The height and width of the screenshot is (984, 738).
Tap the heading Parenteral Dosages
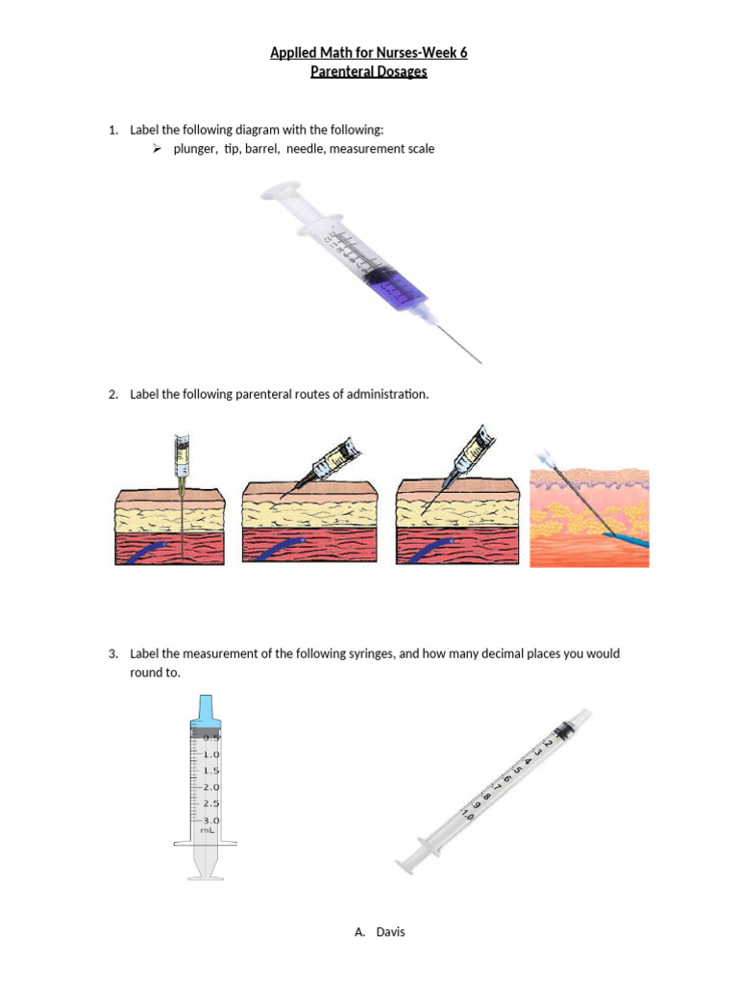click(369, 72)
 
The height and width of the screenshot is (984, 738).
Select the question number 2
click(112, 394)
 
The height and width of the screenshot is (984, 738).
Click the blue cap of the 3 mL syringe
click(207, 710)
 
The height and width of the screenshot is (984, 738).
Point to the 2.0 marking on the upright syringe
click(211, 786)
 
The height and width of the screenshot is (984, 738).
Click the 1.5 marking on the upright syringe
click(211, 770)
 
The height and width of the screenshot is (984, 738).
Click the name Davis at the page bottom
click(390, 931)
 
